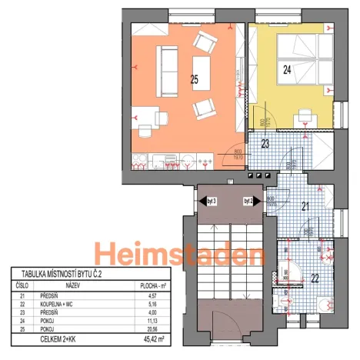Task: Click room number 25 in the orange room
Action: click(x=195, y=78)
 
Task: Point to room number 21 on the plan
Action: click(x=304, y=206)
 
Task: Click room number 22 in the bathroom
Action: click(x=315, y=278)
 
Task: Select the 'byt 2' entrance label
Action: click(x=248, y=201)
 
